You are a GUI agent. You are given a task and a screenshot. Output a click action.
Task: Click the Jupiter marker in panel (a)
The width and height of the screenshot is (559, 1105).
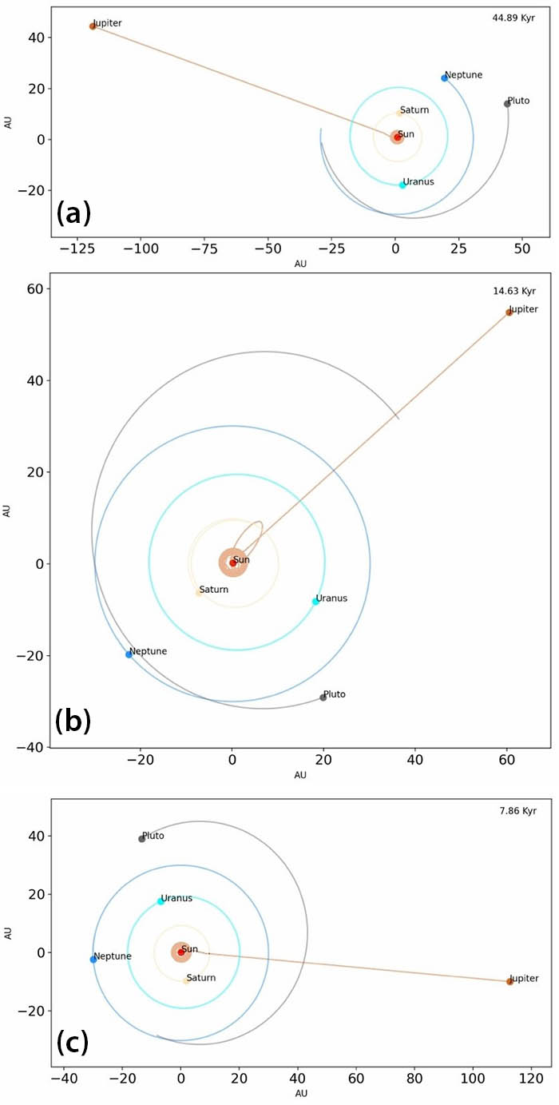coord(93,26)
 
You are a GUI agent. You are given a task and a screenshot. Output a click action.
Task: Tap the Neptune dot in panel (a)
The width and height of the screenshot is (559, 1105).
coord(445,78)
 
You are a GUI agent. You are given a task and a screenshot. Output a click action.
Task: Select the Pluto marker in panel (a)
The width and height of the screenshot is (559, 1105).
coord(507,104)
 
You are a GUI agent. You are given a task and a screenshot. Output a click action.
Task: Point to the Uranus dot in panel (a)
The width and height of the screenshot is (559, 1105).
coord(402,185)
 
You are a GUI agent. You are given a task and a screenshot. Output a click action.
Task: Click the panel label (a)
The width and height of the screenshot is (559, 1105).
coord(73,213)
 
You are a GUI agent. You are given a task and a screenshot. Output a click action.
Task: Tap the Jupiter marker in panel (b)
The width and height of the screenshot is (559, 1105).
coord(509,312)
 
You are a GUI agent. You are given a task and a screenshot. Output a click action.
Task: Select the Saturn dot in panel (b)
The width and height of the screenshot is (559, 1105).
coord(199,593)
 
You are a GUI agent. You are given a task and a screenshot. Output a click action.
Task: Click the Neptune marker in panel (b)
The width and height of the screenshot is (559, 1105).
coord(129,654)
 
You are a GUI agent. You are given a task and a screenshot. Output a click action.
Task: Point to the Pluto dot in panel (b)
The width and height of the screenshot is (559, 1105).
coord(323,698)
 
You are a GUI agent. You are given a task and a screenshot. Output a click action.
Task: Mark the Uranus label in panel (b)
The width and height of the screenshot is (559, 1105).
coord(331,598)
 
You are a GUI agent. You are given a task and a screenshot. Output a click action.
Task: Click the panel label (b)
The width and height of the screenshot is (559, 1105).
coord(73,721)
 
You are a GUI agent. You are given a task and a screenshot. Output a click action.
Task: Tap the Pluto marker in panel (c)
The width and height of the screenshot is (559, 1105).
coord(142,838)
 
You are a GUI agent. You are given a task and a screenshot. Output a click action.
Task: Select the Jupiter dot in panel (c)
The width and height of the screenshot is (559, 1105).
coord(509,981)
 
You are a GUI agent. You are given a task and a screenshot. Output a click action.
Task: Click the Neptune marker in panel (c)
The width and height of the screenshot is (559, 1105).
coord(93,960)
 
